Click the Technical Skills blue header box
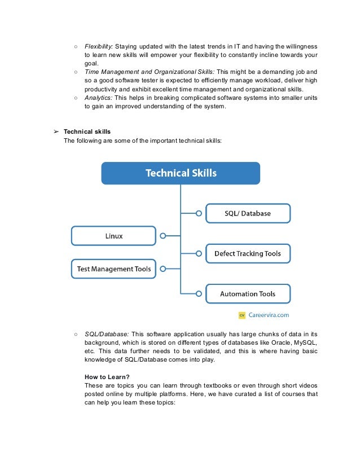point(181,173)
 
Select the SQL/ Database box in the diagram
point(248,213)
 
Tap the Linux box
point(113,236)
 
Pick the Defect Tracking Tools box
point(248,254)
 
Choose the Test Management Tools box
point(113,269)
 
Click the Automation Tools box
point(248,294)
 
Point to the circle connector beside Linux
point(163,236)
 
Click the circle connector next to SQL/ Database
point(199,213)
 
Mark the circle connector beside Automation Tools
point(199,294)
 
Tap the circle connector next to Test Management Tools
point(163,269)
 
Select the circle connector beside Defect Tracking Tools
point(199,254)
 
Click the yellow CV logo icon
point(242,315)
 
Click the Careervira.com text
point(269,315)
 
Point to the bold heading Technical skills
point(87,131)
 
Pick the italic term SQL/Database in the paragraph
point(107,334)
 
